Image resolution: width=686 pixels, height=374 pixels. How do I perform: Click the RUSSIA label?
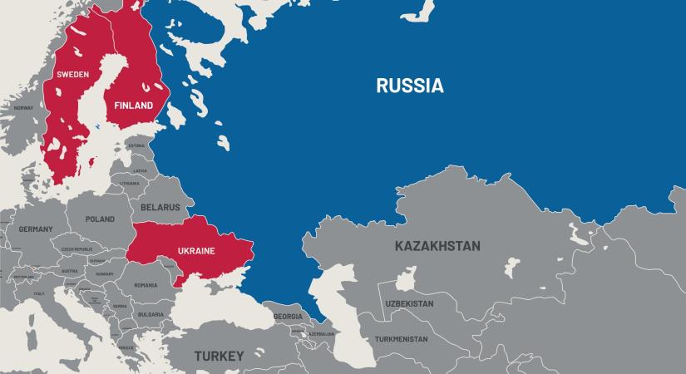[x=409, y=86]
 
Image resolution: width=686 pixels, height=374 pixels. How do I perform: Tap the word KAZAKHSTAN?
[x=437, y=246]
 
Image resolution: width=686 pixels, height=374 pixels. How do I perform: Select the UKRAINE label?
[x=196, y=251]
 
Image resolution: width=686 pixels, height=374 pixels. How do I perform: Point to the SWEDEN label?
[x=72, y=75]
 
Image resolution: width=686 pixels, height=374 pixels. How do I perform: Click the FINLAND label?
[x=134, y=106]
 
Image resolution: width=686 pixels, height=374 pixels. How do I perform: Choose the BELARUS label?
[x=160, y=207]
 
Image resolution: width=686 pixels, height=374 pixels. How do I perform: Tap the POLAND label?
[x=100, y=219]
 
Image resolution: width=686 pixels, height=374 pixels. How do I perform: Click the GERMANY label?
[x=36, y=229]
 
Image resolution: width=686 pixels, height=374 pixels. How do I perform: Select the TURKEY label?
[x=219, y=356]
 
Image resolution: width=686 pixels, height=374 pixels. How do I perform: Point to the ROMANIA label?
[x=146, y=285]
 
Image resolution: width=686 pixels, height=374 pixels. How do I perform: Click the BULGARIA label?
[x=151, y=315]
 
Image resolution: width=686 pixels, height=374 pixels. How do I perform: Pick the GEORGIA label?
[x=288, y=317]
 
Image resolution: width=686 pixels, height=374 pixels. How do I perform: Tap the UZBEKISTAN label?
[x=409, y=304]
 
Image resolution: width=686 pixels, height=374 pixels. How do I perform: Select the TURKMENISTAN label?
[x=401, y=339]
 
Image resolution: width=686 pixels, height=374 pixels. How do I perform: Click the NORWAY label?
[x=23, y=108]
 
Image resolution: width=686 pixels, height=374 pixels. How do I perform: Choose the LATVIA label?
[x=140, y=170]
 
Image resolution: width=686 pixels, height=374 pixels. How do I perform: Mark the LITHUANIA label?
[x=129, y=183]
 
